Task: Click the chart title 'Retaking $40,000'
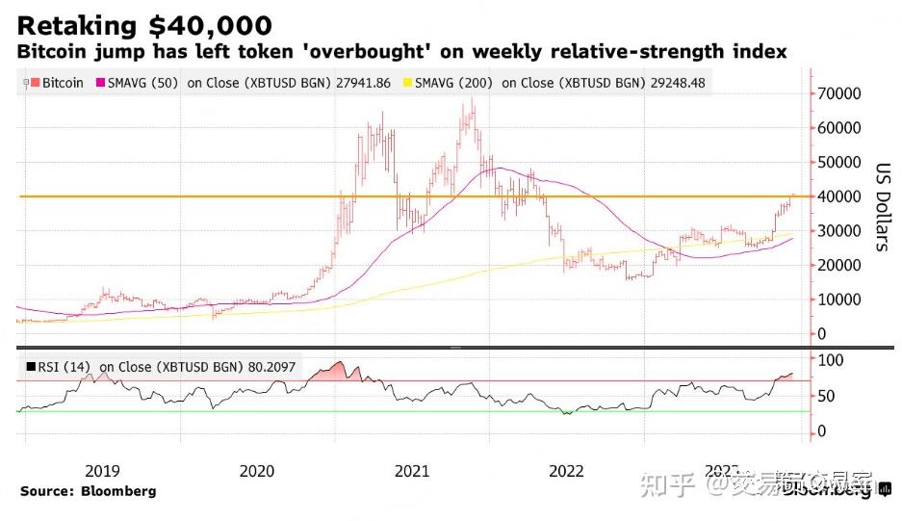pyautogui.click(x=144, y=25)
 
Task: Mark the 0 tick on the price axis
pyautogui.click(x=821, y=334)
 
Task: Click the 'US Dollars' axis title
pyautogui.click(x=880, y=206)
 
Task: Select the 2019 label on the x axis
pyautogui.click(x=102, y=471)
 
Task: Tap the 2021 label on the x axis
pyautogui.click(x=412, y=471)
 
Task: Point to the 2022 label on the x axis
pyautogui.click(x=566, y=471)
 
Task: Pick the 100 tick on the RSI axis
pyautogui.click(x=830, y=360)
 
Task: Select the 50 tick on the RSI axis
pyautogui.click(x=826, y=396)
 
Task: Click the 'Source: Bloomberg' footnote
pyautogui.click(x=88, y=491)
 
